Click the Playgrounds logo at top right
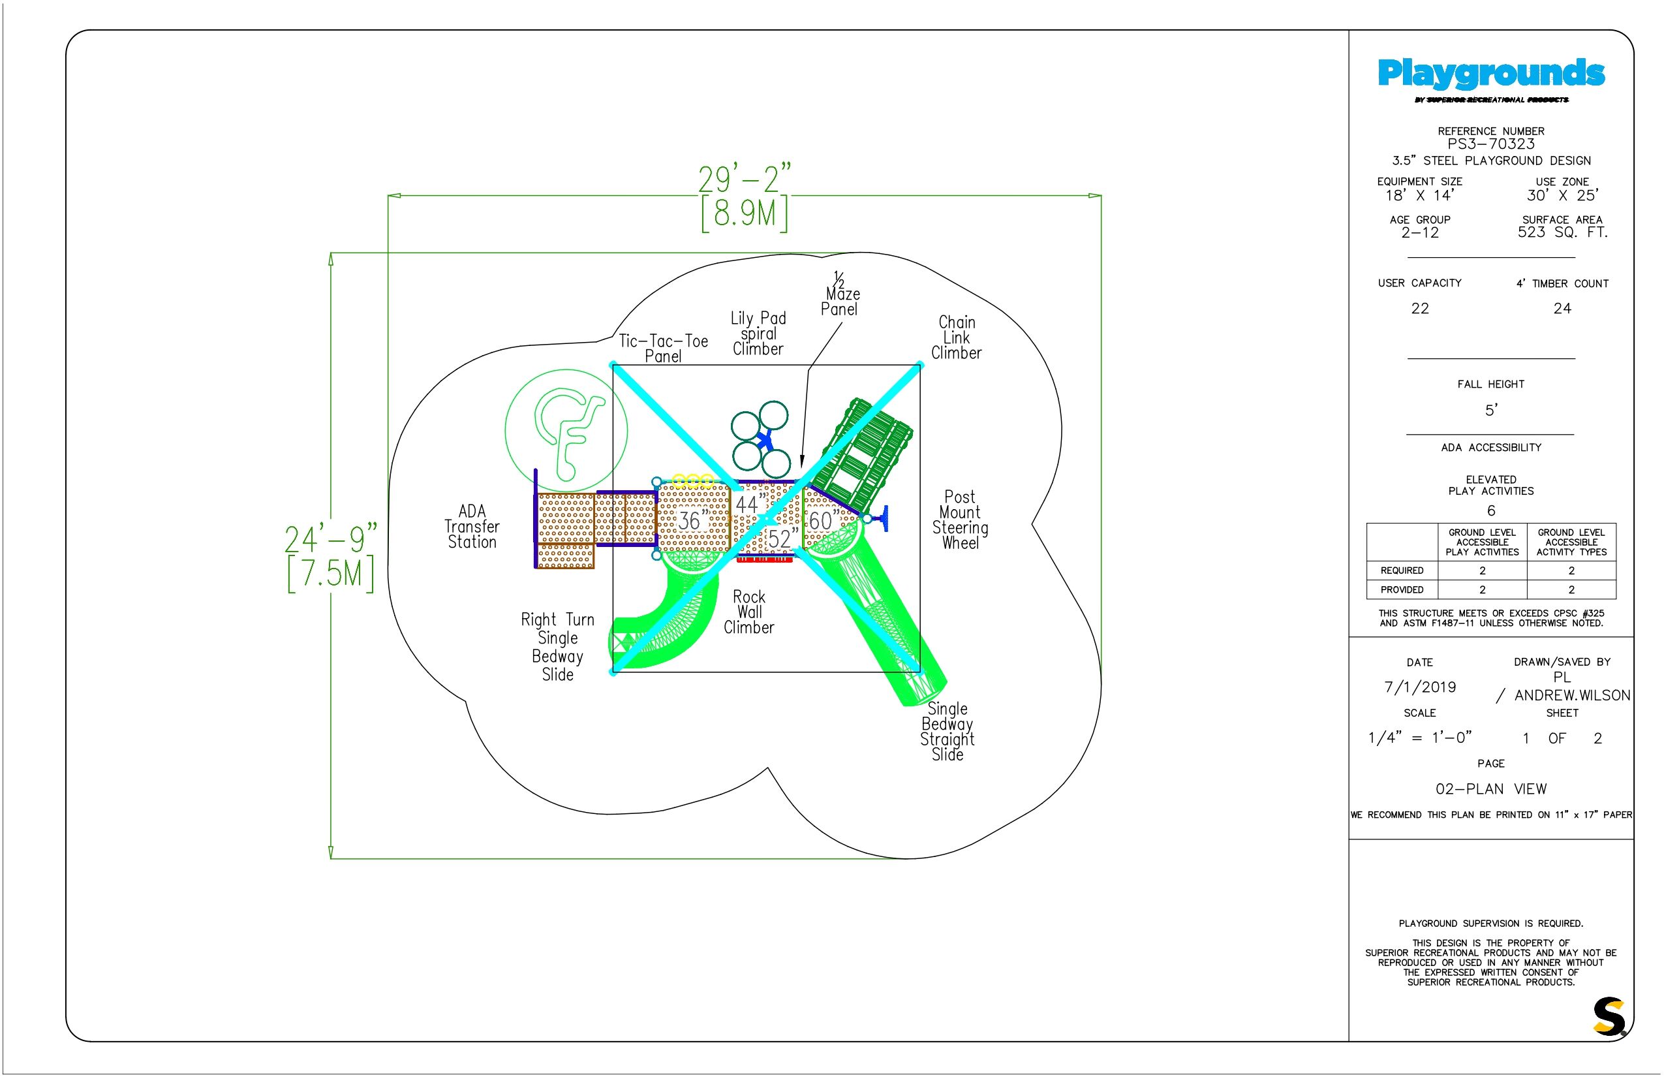[x=1491, y=80]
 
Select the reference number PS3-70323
[x=1491, y=144]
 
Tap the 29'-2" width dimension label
[x=745, y=179]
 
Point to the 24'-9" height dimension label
[x=331, y=539]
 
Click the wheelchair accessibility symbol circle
[x=566, y=430]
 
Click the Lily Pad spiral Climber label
[x=758, y=334]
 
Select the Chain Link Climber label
[x=957, y=338]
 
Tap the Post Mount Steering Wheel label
[x=960, y=520]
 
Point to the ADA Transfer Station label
[x=472, y=527]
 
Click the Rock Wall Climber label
[x=749, y=612]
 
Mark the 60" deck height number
[x=824, y=520]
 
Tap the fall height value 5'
[x=1491, y=410]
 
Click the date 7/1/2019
[x=1420, y=687]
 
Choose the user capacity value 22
[x=1420, y=308]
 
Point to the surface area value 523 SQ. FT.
[x=1563, y=232]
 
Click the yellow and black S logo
[x=1609, y=1016]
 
